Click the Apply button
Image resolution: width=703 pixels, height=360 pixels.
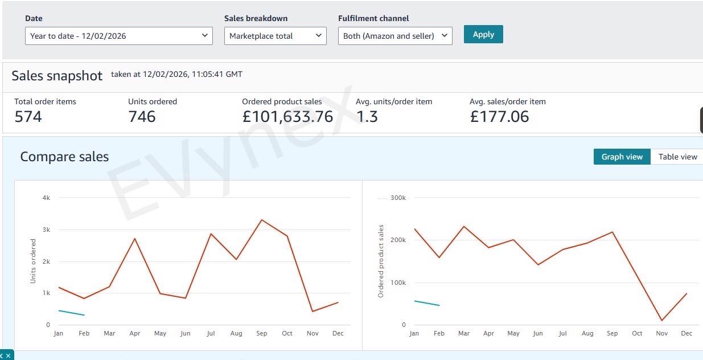click(x=483, y=34)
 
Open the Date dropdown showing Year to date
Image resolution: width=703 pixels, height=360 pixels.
click(x=118, y=36)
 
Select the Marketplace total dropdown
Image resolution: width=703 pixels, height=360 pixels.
click(x=275, y=36)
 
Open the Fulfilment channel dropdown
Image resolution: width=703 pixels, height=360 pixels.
click(x=395, y=36)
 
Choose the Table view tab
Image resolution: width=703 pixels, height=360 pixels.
click(x=677, y=157)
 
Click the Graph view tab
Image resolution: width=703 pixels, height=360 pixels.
click(x=622, y=157)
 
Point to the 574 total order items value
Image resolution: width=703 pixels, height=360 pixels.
click(x=28, y=117)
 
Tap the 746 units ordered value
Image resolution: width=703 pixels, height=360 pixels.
click(x=142, y=117)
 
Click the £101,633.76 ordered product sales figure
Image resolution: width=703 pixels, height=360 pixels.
click(x=287, y=117)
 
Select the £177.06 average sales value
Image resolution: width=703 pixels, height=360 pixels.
click(x=499, y=117)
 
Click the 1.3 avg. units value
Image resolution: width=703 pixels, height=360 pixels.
click(x=367, y=117)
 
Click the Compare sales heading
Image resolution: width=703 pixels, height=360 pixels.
click(x=64, y=157)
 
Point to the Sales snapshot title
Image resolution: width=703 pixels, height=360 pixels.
click(x=57, y=76)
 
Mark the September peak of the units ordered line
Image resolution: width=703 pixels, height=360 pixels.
click(x=261, y=220)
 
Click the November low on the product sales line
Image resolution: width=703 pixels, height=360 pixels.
click(x=661, y=320)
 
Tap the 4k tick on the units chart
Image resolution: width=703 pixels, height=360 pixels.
click(x=47, y=198)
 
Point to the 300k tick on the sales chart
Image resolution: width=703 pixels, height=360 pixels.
click(x=398, y=198)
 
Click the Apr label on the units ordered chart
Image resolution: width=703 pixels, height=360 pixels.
click(x=135, y=333)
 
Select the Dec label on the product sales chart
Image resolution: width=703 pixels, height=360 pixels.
click(x=686, y=333)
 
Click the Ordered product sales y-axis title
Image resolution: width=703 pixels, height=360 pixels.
click(x=381, y=261)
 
